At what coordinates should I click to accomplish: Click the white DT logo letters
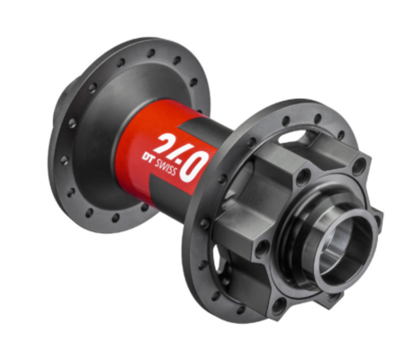(x=148, y=158)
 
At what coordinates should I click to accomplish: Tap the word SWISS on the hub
(x=166, y=167)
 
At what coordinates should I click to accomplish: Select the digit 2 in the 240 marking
(x=169, y=143)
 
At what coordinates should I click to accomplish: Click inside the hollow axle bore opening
(x=342, y=245)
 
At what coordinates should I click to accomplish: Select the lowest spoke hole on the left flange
(x=116, y=218)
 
